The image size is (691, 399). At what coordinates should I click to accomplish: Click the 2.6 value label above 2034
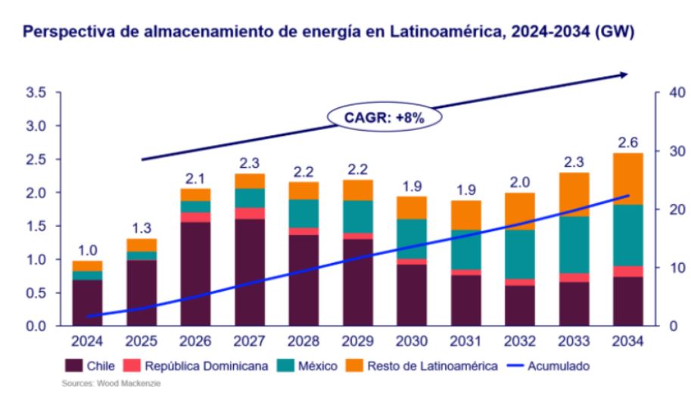(x=627, y=141)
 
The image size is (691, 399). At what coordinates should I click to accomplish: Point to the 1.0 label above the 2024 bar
(x=89, y=250)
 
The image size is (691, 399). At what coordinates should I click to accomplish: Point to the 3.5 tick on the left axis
(x=36, y=93)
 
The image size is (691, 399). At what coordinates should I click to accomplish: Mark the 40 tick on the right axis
(x=670, y=93)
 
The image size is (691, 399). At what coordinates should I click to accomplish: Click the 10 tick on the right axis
(x=670, y=268)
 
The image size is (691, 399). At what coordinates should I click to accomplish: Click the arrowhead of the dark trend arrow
(x=625, y=74)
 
